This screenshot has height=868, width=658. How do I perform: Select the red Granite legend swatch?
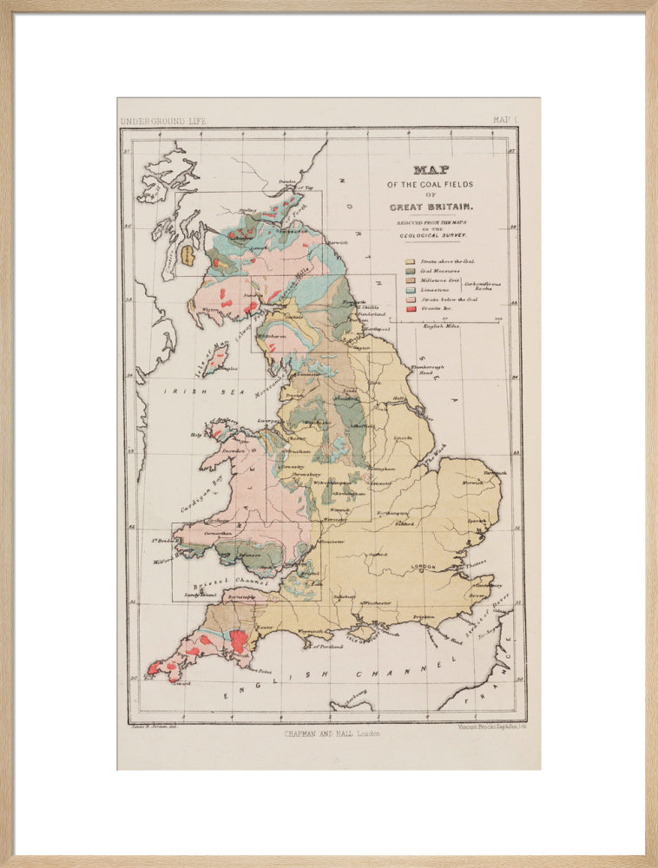pos(409,309)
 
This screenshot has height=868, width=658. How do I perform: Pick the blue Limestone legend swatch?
pos(409,290)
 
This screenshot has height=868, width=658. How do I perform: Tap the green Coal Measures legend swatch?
pos(409,271)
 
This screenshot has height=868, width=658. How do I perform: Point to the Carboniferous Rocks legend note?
pos(478,285)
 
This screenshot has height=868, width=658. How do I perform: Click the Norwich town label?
pos(473,482)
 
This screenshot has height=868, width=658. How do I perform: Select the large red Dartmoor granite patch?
pos(237,641)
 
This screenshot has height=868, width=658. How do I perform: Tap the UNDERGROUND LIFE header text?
pos(163,121)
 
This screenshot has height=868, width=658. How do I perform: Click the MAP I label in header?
pos(504,120)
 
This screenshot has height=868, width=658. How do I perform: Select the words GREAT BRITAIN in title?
pos(431,207)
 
